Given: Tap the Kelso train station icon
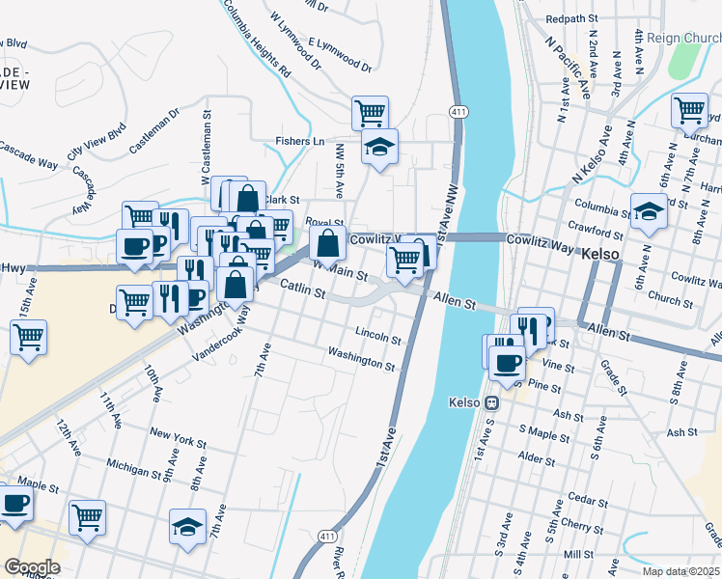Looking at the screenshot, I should (491, 402).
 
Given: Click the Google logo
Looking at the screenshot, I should (31, 567).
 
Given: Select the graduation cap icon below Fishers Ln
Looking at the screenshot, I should (379, 148).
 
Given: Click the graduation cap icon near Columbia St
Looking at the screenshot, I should (650, 212).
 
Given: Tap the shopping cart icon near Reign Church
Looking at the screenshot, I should (689, 110).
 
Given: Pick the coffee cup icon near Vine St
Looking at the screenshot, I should (507, 363).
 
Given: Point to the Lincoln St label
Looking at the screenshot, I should (377, 338).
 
